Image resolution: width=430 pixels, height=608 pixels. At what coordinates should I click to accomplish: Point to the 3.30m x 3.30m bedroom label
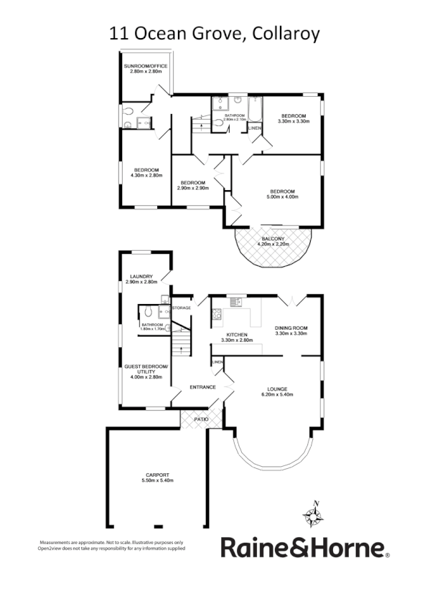coord(293,118)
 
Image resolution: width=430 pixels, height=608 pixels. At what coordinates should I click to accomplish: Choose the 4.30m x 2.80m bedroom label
coord(146,172)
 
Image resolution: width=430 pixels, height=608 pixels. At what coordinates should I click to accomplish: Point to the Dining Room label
coord(291,331)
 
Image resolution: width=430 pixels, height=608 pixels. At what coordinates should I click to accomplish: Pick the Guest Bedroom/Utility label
coord(146,369)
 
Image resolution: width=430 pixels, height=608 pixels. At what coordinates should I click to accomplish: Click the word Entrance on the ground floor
coord(202,387)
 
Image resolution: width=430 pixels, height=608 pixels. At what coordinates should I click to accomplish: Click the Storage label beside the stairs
coord(181,308)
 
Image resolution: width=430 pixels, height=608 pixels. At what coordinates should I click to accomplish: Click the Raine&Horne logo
coord(304,548)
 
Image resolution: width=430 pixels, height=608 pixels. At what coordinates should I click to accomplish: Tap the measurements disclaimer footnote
coord(111,545)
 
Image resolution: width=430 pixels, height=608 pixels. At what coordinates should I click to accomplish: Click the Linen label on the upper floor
coord(255,128)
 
